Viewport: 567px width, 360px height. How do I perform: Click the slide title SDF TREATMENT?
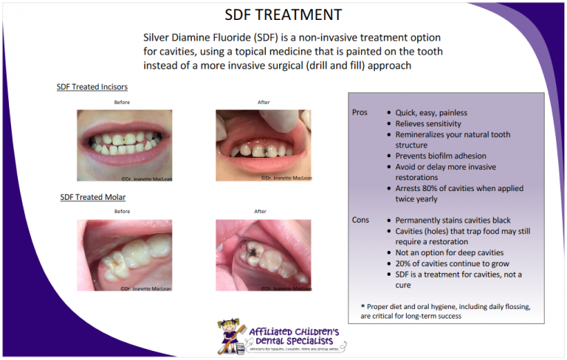coord(283,15)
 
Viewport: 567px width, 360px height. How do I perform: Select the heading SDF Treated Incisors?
coord(92,87)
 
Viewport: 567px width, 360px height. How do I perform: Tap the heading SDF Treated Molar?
coord(92,198)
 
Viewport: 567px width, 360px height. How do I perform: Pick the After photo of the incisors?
coord(264,145)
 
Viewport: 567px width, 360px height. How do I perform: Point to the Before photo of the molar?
coord(124,255)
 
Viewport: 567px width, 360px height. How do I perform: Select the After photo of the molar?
coord(264,255)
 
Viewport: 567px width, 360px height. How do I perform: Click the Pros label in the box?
coord(360,113)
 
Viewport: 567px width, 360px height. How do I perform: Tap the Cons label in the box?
coord(360,221)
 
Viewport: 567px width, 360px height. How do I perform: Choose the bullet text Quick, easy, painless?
coord(431,113)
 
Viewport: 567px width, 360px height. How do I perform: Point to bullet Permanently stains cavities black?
coord(453,221)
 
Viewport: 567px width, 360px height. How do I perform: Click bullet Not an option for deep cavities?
coord(450,252)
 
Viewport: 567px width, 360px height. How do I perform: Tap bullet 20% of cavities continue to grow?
coord(452,263)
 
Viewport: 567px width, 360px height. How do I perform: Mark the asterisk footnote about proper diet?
coord(446,311)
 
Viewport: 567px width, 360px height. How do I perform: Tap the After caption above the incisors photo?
coord(263,102)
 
